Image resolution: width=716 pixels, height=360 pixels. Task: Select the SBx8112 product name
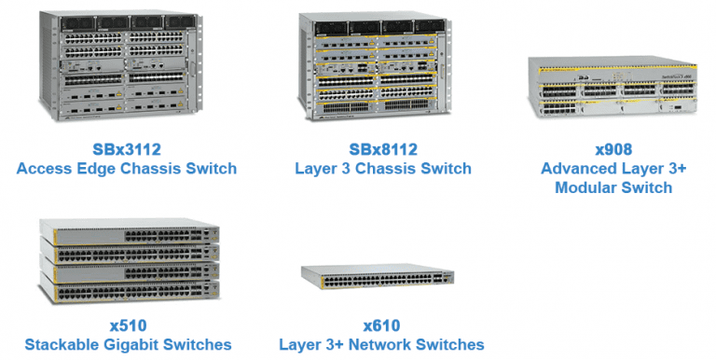coord(384,149)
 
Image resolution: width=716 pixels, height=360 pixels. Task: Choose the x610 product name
coord(381,325)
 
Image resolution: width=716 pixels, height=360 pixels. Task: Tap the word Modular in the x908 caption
coord(585,187)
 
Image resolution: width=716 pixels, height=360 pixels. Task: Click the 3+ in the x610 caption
coord(347,345)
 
